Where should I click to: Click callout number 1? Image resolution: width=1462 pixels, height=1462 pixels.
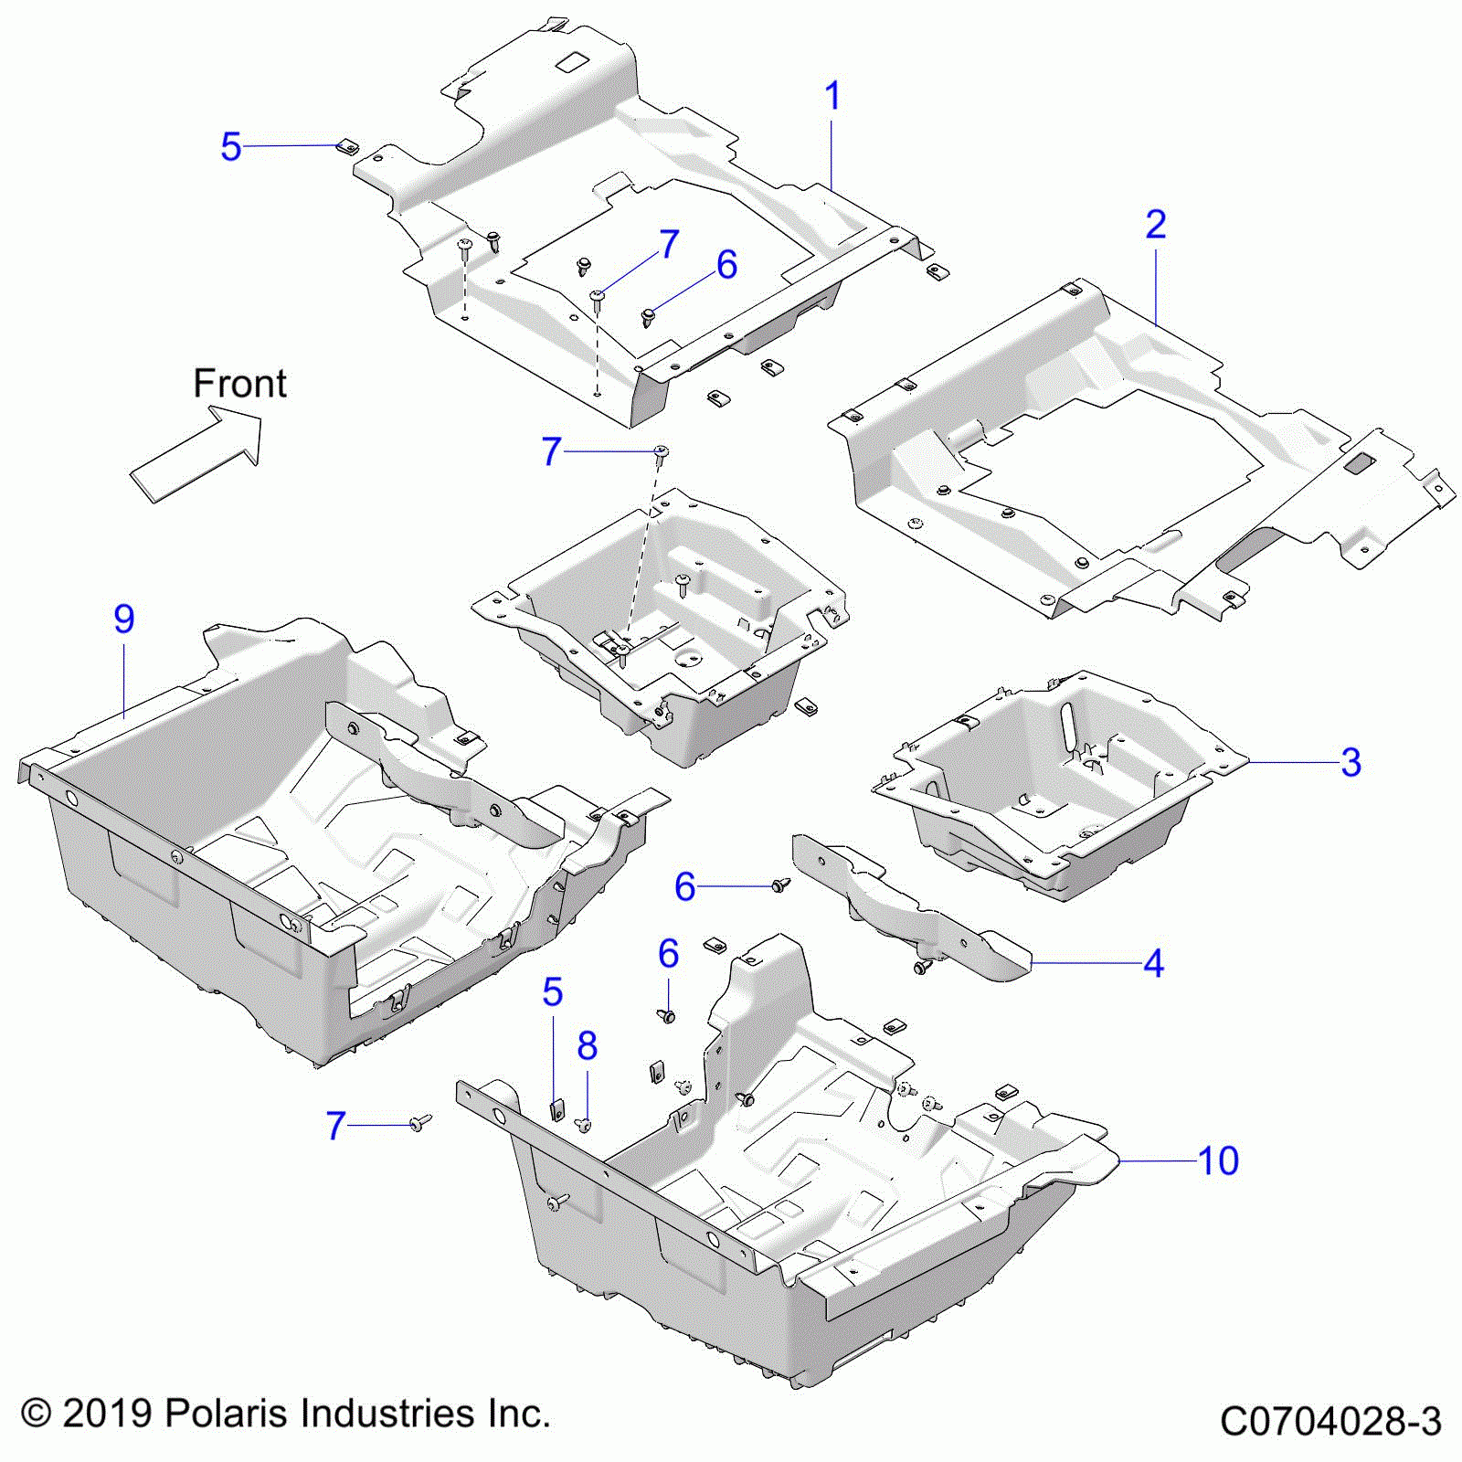[x=832, y=97]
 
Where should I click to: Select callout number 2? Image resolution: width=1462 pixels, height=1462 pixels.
[x=1156, y=225]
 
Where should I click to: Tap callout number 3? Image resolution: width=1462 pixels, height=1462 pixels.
[x=1351, y=762]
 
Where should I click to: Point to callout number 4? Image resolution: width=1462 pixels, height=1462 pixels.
[x=1154, y=963]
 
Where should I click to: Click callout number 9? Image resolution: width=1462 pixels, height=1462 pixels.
[x=124, y=620]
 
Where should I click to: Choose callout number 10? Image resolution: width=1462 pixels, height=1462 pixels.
[x=1218, y=1160]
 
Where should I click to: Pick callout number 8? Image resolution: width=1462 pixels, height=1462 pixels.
[x=587, y=1046]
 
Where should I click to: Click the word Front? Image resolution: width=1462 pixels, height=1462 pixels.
[x=239, y=384]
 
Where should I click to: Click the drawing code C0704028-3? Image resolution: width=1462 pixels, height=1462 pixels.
[x=1330, y=1422]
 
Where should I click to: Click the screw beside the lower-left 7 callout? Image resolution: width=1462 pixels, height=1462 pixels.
[x=419, y=1123]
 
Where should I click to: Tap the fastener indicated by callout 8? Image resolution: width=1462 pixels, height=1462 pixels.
[x=586, y=1124]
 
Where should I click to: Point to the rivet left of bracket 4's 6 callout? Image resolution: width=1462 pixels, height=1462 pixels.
[x=779, y=885]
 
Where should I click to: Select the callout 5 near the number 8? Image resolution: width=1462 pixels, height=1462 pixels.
[x=552, y=992]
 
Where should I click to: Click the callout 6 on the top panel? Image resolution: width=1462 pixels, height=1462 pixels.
[x=726, y=265]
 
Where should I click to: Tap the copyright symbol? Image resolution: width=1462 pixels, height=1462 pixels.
[x=35, y=1414]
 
